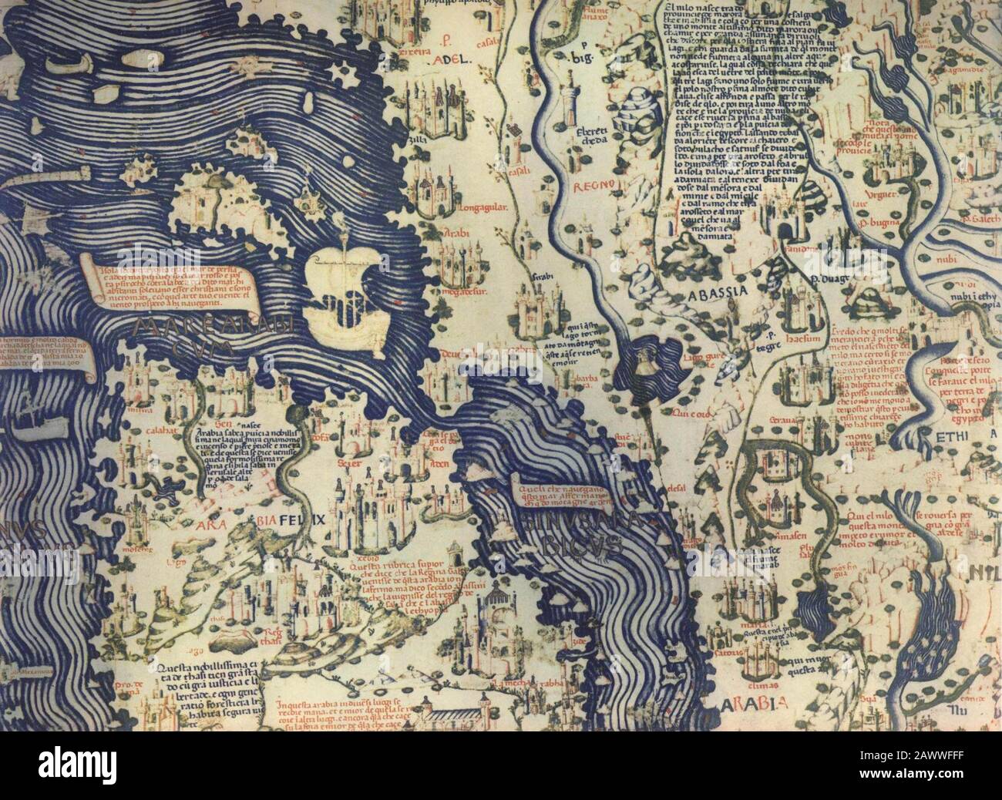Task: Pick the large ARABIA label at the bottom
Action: [x=753, y=703]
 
